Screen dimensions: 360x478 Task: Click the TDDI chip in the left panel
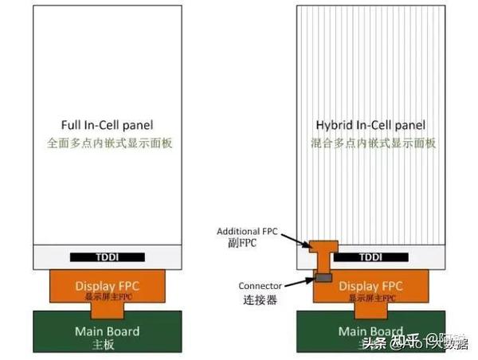pos(108,258)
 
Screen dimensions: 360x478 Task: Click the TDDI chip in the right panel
pos(371,258)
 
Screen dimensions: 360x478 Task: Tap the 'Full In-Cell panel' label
pos(107,126)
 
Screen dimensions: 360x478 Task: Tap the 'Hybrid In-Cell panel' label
pos(370,126)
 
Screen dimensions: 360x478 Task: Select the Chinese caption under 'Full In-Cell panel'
pos(107,143)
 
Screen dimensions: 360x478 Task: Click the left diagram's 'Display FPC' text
pos(107,285)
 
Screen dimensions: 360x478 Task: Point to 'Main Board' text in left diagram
pos(107,331)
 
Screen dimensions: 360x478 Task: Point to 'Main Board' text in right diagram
pos(370,331)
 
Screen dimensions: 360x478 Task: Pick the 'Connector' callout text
pos(260,286)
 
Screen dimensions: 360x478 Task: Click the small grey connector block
pos(323,277)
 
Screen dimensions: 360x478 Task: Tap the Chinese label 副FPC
pos(239,244)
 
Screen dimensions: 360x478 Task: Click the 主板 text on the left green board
pos(107,346)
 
